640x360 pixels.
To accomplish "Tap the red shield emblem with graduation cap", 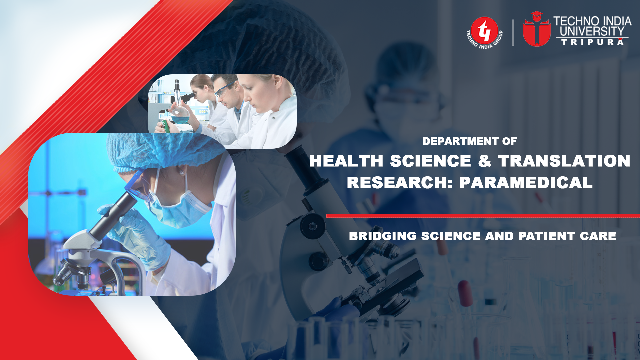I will (x=536, y=30).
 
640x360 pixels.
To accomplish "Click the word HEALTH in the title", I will (x=346, y=161).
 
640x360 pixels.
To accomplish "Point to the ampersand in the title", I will (x=484, y=161).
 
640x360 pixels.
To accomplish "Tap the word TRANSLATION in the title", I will (x=564, y=161).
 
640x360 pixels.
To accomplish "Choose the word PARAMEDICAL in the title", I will (x=526, y=183).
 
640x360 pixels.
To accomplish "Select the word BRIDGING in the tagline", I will (x=383, y=236).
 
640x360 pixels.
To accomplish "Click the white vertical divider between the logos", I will (x=513, y=32).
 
